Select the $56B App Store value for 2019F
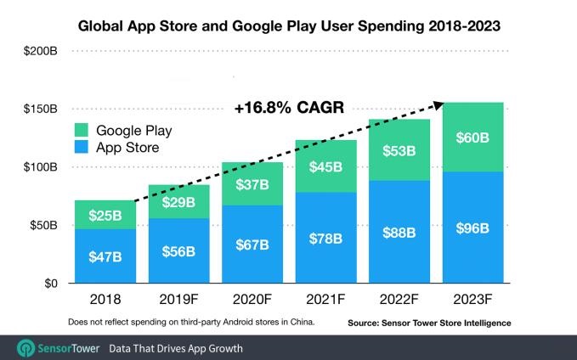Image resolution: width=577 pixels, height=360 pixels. tap(178, 251)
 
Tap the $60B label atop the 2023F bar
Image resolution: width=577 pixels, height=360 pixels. tap(473, 137)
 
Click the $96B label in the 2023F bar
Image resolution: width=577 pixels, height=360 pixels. tap(473, 228)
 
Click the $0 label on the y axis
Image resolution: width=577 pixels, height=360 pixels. tap(50, 284)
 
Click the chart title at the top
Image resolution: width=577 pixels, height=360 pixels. tap(288, 26)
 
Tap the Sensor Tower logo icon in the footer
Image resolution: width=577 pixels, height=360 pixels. tap(26, 348)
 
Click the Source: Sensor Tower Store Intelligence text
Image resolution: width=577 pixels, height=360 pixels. tap(429, 323)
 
